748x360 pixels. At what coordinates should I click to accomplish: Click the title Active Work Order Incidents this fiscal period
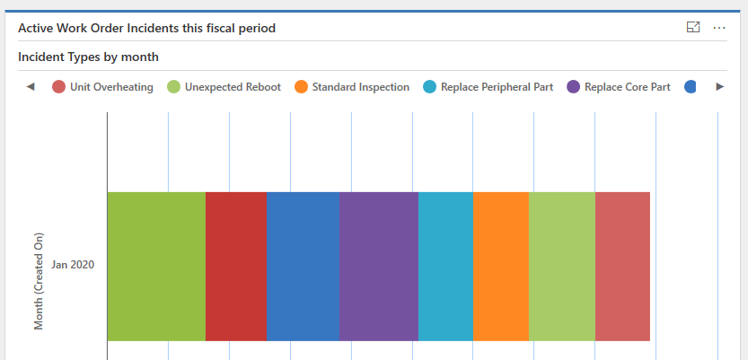coord(146,28)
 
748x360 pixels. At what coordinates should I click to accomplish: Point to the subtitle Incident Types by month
coord(88,57)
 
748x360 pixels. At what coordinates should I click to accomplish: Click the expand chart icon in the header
coord(693,28)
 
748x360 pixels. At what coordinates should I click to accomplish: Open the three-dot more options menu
coord(718,28)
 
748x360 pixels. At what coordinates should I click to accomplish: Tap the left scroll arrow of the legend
coord(31,87)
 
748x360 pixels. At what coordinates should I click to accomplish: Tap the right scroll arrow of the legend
coord(719,87)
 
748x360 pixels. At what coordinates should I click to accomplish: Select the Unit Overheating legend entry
coord(102,87)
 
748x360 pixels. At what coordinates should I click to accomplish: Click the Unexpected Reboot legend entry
coord(224,87)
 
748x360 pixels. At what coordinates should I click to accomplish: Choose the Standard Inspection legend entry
coord(351,87)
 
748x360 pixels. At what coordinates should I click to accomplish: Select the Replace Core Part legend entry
coord(619,87)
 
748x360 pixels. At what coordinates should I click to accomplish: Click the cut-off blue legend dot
coord(690,87)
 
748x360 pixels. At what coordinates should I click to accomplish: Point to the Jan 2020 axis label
coord(73,265)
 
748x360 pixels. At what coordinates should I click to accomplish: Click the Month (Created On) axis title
coord(39,282)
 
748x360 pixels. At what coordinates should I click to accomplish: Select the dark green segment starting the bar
coord(156,266)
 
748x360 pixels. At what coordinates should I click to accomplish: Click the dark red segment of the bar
coord(236,266)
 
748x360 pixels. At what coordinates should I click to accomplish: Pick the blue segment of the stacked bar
coord(303,266)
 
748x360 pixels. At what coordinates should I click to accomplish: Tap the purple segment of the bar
coord(378,266)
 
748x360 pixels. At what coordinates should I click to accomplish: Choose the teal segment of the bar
coord(445,266)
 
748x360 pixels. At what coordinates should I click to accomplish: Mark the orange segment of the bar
coord(500,266)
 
